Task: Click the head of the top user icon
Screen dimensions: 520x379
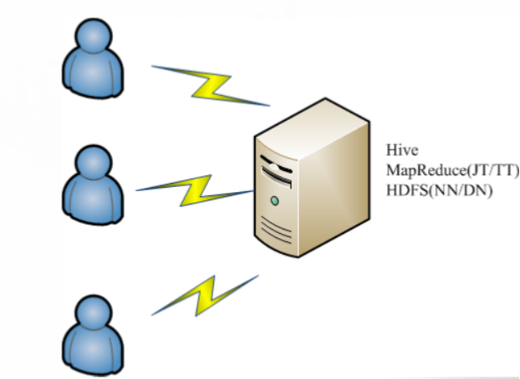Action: click(93, 35)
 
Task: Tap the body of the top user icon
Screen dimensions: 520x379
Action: click(93, 73)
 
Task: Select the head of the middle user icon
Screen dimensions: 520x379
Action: click(93, 162)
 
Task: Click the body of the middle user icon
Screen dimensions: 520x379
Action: click(93, 200)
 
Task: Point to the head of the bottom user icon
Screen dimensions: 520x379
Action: click(93, 312)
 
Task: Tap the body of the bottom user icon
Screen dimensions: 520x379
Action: click(93, 351)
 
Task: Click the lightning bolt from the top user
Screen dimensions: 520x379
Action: click(211, 86)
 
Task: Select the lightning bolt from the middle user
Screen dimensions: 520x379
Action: click(195, 190)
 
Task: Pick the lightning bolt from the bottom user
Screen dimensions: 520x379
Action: click(205, 296)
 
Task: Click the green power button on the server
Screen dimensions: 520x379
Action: click(274, 200)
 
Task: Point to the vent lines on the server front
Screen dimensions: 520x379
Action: click(276, 230)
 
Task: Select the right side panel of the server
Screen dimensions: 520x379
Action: click(334, 189)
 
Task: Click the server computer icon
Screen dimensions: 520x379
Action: click(312, 177)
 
